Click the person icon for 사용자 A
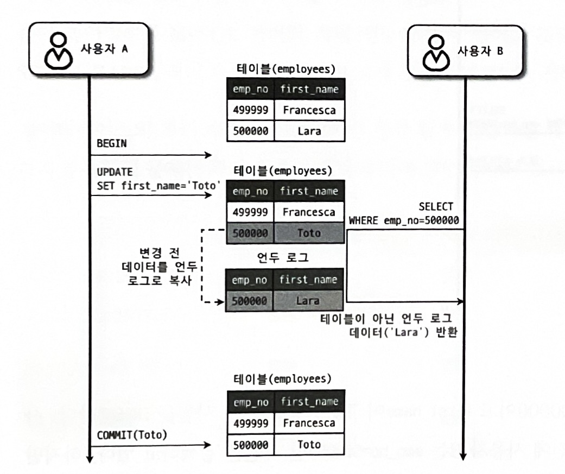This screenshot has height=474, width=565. (58, 49)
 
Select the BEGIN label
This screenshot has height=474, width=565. (111, 144)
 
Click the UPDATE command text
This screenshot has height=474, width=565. (111, 173)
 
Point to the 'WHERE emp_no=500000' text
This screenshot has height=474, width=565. (404, 220)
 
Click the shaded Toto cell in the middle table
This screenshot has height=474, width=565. (309, 233)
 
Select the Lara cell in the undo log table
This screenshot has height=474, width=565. (309, 300)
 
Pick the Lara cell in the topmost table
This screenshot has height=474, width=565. (309, 131)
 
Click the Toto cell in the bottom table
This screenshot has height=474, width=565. (309, 445)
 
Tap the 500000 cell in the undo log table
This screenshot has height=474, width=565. (250, 300)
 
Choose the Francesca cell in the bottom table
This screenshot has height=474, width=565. (309, 423)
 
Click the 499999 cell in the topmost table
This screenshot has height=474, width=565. (250, 110)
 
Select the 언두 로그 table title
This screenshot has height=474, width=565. (285, 258)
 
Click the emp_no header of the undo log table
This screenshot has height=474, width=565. (250, 280)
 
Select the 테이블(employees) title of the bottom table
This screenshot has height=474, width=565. (284, 378)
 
